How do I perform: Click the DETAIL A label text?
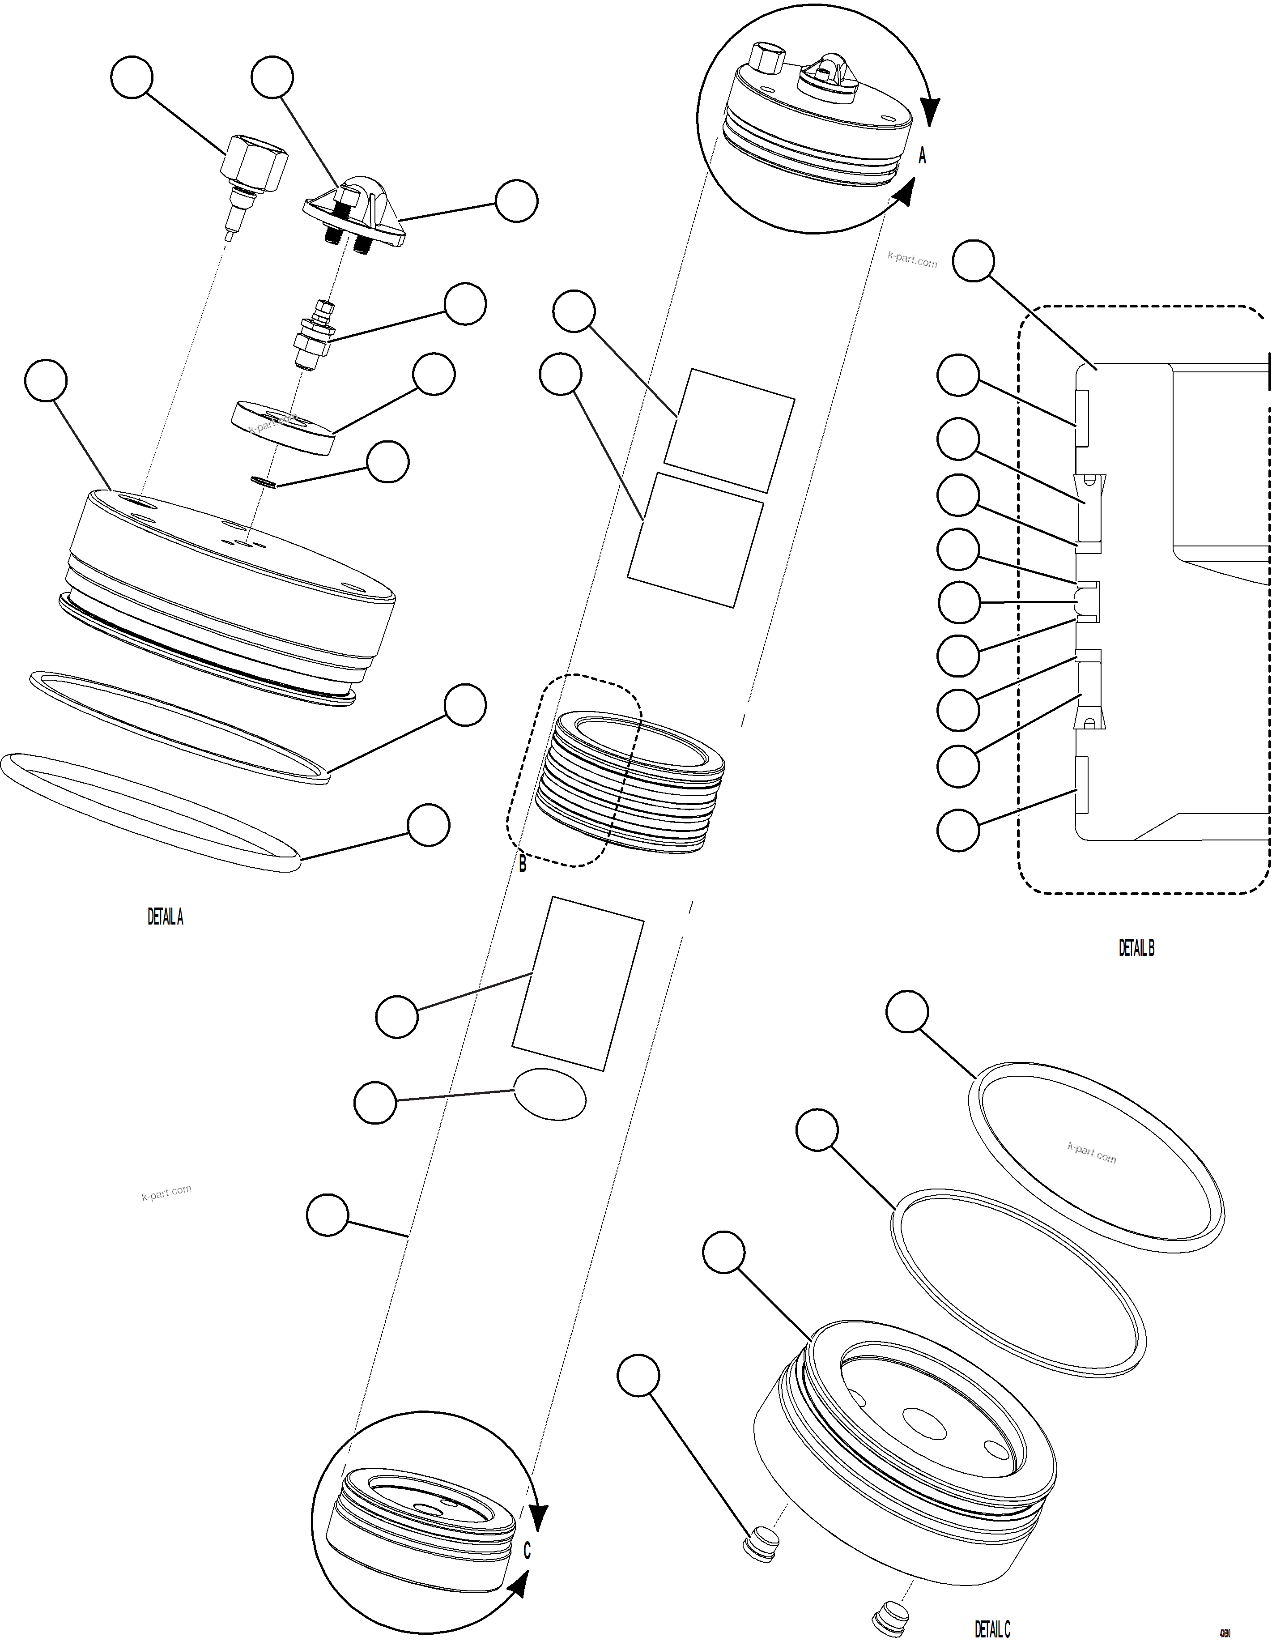pos(165,916)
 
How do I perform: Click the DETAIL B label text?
pos(1136,948)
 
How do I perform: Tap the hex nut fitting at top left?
pos(255,162)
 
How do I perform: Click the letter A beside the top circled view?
pos(923,156)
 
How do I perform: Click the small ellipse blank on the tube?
pos(550,1094)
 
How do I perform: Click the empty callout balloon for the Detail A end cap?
pos(46,381)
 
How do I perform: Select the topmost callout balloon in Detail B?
pos(974,261)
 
